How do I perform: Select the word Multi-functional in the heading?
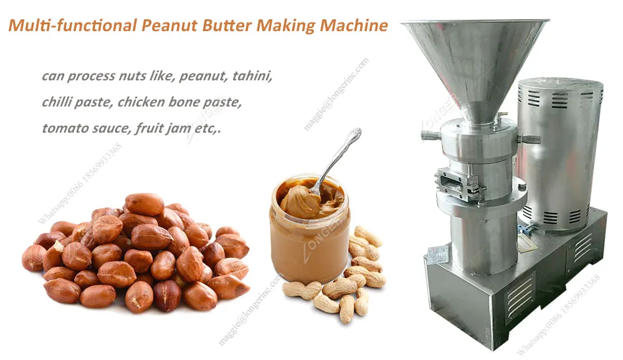[x=72, y=26]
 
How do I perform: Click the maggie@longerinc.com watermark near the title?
[x=336, y=93]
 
